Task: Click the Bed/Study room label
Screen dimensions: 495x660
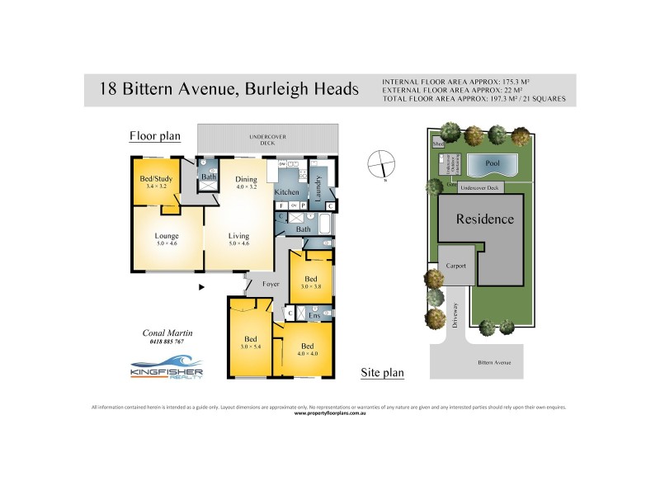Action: click(x=156, y=181)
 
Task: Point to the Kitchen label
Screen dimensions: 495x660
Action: click(x=286, y=191)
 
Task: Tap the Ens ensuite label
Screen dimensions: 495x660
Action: click(x=314, y=314)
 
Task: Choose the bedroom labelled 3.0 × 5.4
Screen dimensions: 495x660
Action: click(x=250, y=342)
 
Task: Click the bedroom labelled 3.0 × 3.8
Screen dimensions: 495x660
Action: click(x=311, y=281)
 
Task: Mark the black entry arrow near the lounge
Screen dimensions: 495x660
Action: click(x=201, y=287)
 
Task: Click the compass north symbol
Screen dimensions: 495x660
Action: click(x=383, y=163)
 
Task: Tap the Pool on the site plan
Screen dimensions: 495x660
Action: click(x=493, y=164)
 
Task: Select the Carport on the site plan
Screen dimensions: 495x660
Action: click(x=455, y=266)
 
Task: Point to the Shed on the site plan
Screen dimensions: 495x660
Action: click(x=439, y=144)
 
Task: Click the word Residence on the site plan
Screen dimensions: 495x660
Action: click(x=486, y=219)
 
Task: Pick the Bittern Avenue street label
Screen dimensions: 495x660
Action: click(x=494, y=362)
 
